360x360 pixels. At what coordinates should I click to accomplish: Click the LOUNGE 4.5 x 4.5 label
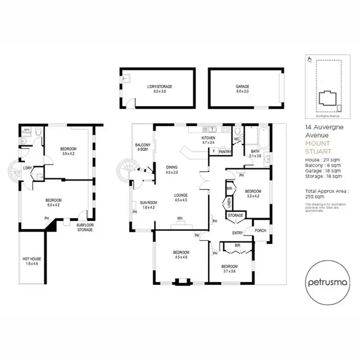pyautogui.click(x=180, y=197)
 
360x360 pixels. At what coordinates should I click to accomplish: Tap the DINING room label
pyautogui.click(x=172, y=169)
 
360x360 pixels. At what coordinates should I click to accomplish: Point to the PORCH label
pyautogui.click(x=261, y=230)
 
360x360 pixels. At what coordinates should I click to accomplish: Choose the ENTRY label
pyautogui.click(x=238, y=233)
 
